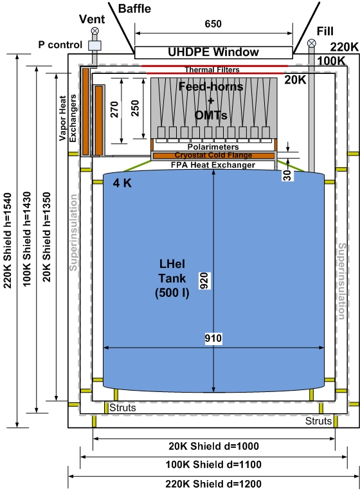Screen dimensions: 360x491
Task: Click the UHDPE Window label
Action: [213, 52]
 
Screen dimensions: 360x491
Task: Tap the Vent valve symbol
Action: [94, 31]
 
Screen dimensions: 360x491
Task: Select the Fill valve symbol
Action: [311, 43]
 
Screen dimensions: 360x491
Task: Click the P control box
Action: [94, 45]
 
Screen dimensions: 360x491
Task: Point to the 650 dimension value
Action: [213, 24]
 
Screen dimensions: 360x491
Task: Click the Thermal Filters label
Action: [212, 69]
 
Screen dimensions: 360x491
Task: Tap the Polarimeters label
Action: [213, 147]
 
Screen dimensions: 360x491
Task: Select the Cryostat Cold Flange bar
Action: [213, 156]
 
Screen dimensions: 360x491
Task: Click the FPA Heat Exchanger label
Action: [213, 165]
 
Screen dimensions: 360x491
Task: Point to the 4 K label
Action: [122, 183]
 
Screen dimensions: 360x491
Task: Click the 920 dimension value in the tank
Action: [204, 281]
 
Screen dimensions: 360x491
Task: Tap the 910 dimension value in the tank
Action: [213, 338]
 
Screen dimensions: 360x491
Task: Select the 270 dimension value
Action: [114, 109]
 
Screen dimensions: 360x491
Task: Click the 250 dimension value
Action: [135, 109]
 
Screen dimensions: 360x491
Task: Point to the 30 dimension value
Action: [287, 175]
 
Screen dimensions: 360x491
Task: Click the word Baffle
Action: [134, 8]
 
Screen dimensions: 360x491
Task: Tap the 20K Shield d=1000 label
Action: [214, 446]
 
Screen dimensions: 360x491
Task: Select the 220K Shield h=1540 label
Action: [7, 240]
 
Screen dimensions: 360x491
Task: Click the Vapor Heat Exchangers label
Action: [67, 118]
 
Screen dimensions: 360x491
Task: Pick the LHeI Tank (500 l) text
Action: [172, 278]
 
